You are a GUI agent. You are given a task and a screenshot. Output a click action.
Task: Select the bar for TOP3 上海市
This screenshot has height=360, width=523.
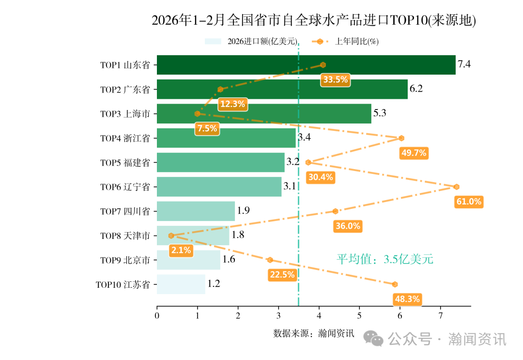click(x=264, y=114)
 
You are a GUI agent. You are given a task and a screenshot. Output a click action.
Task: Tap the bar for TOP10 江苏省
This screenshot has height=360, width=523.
click(x=181, y=284)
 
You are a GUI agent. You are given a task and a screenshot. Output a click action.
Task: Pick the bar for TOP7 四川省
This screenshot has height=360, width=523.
click(x=196, y=211)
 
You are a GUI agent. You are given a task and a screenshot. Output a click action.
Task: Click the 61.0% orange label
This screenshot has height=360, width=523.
click(x=469, y=202)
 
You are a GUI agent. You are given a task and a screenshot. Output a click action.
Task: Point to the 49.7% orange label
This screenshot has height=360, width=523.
click(x=414, y=153)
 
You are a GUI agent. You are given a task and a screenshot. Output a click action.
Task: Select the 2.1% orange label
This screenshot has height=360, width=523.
click(x=181, y=250)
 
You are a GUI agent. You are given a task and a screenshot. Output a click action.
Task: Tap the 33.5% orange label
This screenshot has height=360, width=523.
click(x=335, y=80)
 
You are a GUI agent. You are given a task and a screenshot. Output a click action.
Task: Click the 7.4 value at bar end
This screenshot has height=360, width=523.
click(x=464, y=64)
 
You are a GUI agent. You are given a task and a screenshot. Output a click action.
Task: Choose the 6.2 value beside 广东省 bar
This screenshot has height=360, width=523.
click(x=416, y=89)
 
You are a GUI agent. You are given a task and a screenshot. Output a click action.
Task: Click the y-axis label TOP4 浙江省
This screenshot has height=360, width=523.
click(x=125, y=138)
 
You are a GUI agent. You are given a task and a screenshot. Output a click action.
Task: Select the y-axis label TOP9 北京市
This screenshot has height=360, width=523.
click(x=125, y=260)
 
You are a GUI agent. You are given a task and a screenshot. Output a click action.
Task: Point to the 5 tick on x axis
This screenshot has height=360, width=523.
click(x=359, y=316)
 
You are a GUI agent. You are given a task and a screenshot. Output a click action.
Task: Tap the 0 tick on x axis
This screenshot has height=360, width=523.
click(x=157, y=316)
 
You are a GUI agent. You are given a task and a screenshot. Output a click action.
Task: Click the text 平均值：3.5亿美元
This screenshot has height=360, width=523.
click(x=385, y=259)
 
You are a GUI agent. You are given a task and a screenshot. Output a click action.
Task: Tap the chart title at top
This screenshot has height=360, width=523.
click(x=314, y=21)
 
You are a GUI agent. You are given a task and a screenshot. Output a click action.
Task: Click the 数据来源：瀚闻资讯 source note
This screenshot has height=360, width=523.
click(x=313, y=333)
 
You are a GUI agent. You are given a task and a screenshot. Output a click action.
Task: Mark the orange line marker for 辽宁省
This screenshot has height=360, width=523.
click(x=456, y=187)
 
